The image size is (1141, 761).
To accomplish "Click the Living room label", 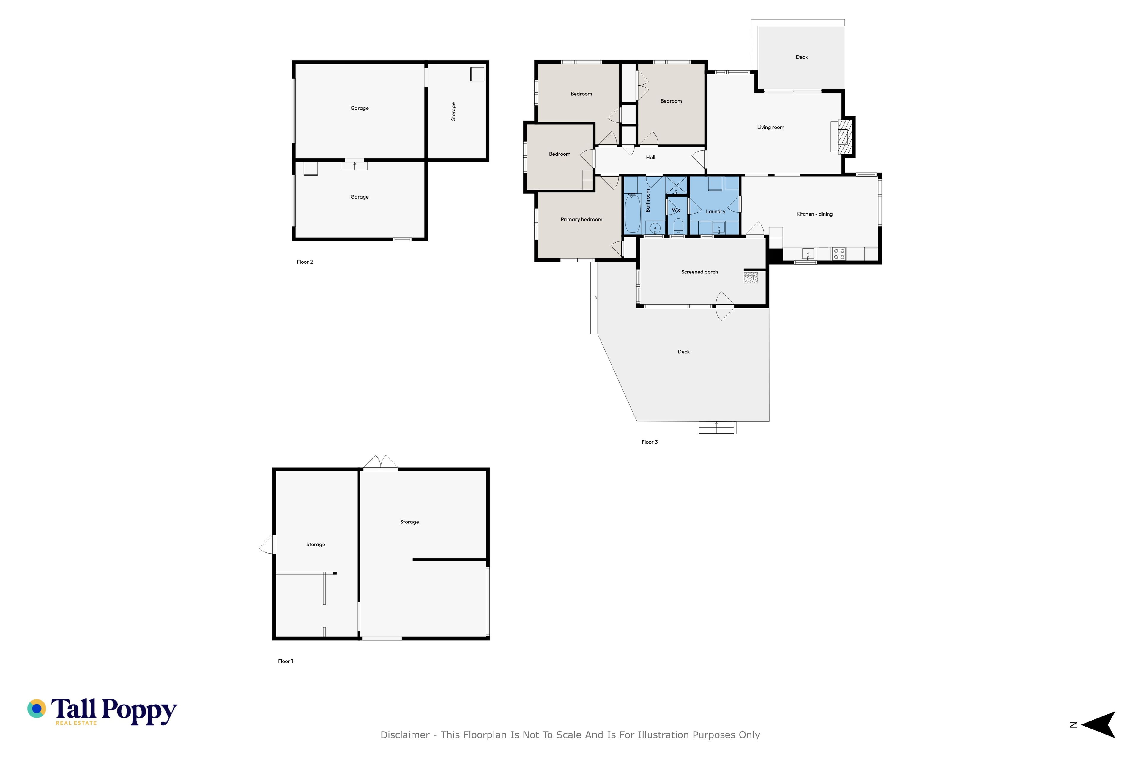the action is pos(770,128).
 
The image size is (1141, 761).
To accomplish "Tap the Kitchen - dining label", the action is pos(814,214).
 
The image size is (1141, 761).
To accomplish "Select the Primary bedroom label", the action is pos(581,219).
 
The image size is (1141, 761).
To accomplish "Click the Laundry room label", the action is pos(715,212).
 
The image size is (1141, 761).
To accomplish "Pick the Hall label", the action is pos(650,157).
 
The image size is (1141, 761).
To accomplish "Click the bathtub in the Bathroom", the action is pos(633,213).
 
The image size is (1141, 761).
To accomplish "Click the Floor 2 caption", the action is pos(305,262).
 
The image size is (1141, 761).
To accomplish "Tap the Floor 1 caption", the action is pos(285,661).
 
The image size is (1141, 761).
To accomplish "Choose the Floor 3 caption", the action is pos(650,442).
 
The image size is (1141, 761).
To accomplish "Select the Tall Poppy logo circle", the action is pos(36,709).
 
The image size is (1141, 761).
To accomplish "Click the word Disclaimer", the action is pos(405,735).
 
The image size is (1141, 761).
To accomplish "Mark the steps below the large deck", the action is pos(717,427).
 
